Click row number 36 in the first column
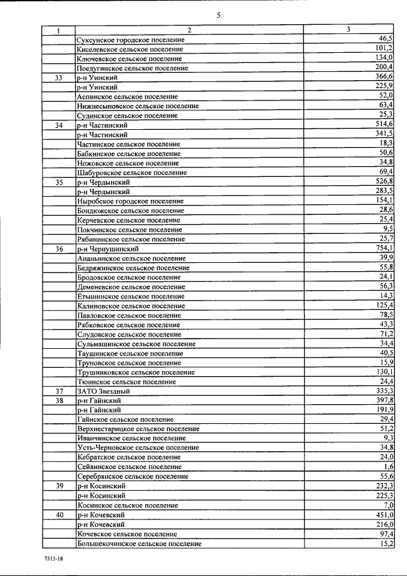tap(59, 249)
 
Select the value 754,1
tap(382, 248)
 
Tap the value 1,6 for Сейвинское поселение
tap(387, 467)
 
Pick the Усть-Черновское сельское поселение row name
tap(137, 448)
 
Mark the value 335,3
tap(382, 391)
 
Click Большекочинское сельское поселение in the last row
tap(139, 544)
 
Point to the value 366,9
tap(382, 77)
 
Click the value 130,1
tap(382, 372)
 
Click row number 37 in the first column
tap(59, 391)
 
